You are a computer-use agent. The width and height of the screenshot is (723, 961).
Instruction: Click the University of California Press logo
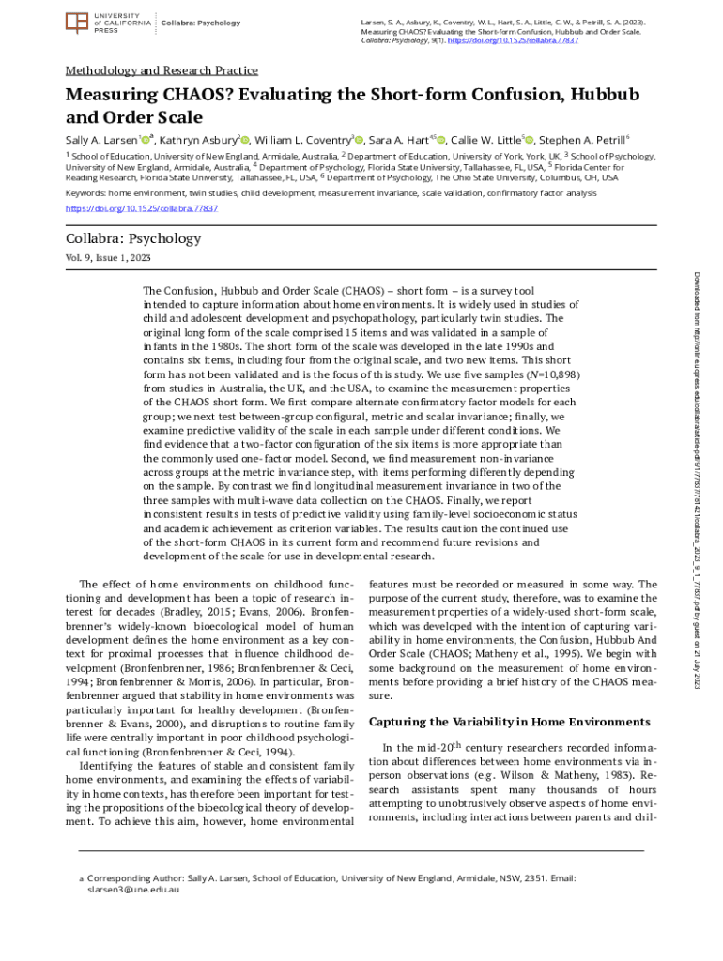coord(103,23)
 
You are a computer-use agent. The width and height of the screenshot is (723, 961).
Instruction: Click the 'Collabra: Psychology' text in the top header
coord(201,23)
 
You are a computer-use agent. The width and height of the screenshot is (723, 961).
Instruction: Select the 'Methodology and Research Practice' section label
coord(161,70)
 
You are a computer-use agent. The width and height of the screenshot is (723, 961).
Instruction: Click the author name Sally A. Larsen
coord(101,139)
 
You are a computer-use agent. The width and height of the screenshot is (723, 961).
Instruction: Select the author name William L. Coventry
coord(301,139)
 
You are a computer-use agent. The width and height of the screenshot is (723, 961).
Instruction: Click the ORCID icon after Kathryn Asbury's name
coord(245,140)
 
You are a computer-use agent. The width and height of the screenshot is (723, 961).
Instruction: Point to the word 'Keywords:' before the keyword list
coord(85,193)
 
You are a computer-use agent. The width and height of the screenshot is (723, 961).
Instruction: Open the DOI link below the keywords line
coord(141,207)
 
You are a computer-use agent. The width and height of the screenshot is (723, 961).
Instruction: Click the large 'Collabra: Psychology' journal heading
coord(132,238)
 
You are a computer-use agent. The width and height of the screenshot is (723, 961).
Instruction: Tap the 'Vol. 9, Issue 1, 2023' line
coord(108,257)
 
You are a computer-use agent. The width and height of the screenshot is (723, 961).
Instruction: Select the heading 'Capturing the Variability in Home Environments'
coord(509,722)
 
